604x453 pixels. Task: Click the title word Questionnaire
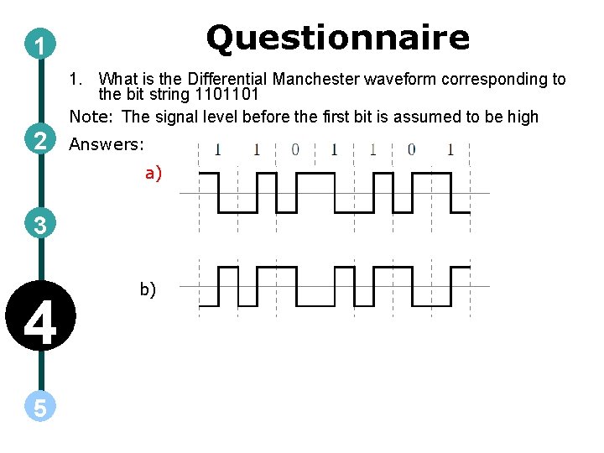(338, 38)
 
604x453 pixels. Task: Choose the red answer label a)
(153, 174)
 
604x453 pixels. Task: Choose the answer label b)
(148, 289)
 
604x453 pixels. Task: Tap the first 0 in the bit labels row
(294, 150)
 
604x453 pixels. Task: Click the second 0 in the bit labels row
(411, 150)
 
